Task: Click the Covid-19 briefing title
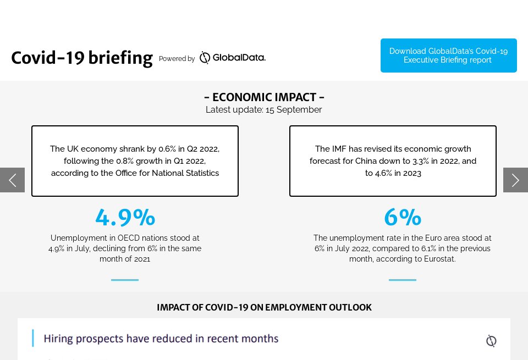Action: (81, 58)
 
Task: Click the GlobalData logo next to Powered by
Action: (232, 58)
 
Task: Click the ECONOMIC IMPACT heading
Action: (264, 97)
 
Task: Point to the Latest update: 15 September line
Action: (264, 110)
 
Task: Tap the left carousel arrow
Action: (12, 180)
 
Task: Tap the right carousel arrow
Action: (515, 180)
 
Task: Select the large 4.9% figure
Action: (125, 217)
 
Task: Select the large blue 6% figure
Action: (403, 217)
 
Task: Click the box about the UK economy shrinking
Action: (135, 161)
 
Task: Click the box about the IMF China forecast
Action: (393, 161)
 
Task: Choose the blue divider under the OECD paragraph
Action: (125, 280)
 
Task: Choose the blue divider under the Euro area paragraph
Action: (403, 280)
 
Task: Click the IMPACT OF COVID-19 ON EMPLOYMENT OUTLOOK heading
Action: (264, 307)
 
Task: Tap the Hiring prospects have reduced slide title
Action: (161, 339)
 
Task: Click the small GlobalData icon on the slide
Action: (491, 341)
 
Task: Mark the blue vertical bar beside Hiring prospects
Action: (33, 339)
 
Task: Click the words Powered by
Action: (177, 59)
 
